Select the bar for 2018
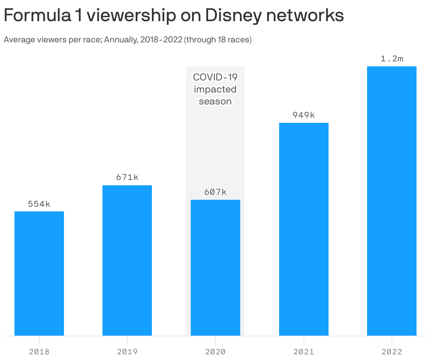pyautogui.click(x=39, y=274)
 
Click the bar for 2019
pyautogui.click(x=127, y=260)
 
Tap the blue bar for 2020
pyautogui.click(x=215, y=268)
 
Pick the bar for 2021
pyautogui.click(x=304, y=229)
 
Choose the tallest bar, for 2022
pyautogui.click(x=392, y=201)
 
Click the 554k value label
pyautogui.click(x=39, y=204)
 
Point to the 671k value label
pyautogui.click(x=127, y=178)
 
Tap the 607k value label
pyautogui.click(x=215, y=192)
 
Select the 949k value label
pyautogui.click(x=304, y=115)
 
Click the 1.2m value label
pyautogui.click(x=392, y=59)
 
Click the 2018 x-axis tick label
pyautogui.click(x=39, y=352)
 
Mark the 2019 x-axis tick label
pyautogui.click(x=127, y=352)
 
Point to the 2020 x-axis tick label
pyautogui.click(x=215, y=352)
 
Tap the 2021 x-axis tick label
pyautogui.click(x=304, y=352)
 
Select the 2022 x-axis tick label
pyautogui.click(x=392, y=352)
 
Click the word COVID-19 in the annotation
pyautogui.click(x=215, y=77)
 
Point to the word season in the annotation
pyautogui.click(x=215, y=102)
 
